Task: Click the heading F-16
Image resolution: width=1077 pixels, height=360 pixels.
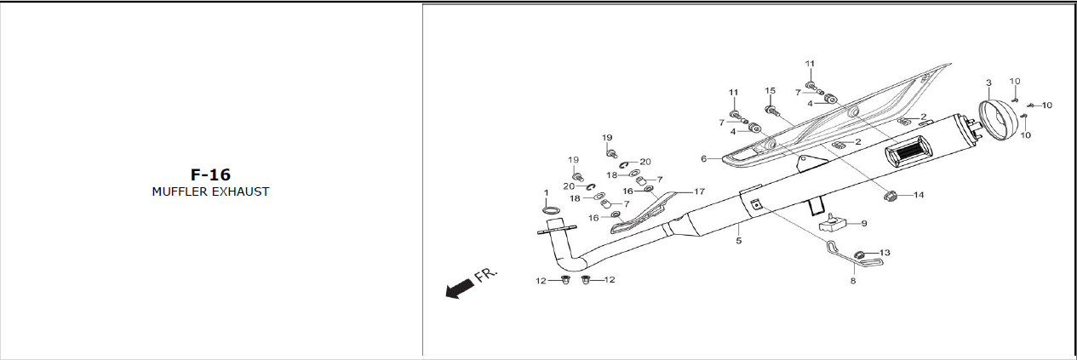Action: click(210, 174)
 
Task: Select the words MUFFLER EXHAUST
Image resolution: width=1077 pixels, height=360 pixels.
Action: click(210, 191)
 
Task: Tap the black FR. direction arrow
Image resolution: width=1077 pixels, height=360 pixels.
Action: click(460, 289)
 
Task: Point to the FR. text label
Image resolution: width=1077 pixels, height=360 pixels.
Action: click(486, 274)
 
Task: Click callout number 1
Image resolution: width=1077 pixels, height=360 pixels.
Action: click(547, 193)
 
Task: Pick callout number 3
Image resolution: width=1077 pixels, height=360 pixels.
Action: click(988, 83)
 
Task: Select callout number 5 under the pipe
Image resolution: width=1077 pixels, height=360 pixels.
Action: click(739, 241)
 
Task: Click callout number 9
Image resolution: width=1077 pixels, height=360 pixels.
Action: click(863, 223)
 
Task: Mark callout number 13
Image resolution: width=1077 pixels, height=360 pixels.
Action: click(885, 253)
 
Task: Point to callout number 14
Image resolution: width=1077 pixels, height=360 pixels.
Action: click(919, 195)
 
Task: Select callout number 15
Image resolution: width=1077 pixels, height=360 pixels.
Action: click(771, 90)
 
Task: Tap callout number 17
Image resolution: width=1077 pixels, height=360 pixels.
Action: click(699, 191)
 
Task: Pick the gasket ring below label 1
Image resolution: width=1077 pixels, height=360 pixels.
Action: click(551, 210)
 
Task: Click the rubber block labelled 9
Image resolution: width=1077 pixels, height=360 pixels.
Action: click(832, 224)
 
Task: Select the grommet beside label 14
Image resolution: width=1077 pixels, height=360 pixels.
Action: click(892, 196)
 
